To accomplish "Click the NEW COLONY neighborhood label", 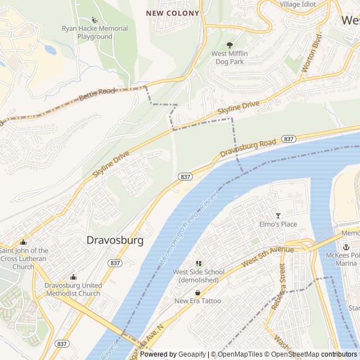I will point(173,13).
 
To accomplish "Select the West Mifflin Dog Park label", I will point(229,57).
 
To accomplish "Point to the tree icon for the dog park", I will point(229,45).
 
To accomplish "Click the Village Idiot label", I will point(298,4).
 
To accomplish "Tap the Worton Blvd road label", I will point(311,54).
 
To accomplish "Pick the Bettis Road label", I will point(96,94).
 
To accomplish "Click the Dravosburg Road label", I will point(248,148).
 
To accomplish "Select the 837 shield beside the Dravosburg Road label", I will point(289,139).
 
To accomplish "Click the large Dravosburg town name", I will point(115,240).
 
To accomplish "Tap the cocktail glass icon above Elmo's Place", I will point(277,215).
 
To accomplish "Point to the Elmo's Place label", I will point(277,224).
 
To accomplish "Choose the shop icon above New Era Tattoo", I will point(197,292).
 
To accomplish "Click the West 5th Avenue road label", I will point(268,256).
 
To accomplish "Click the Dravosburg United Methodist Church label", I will point(73,289).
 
